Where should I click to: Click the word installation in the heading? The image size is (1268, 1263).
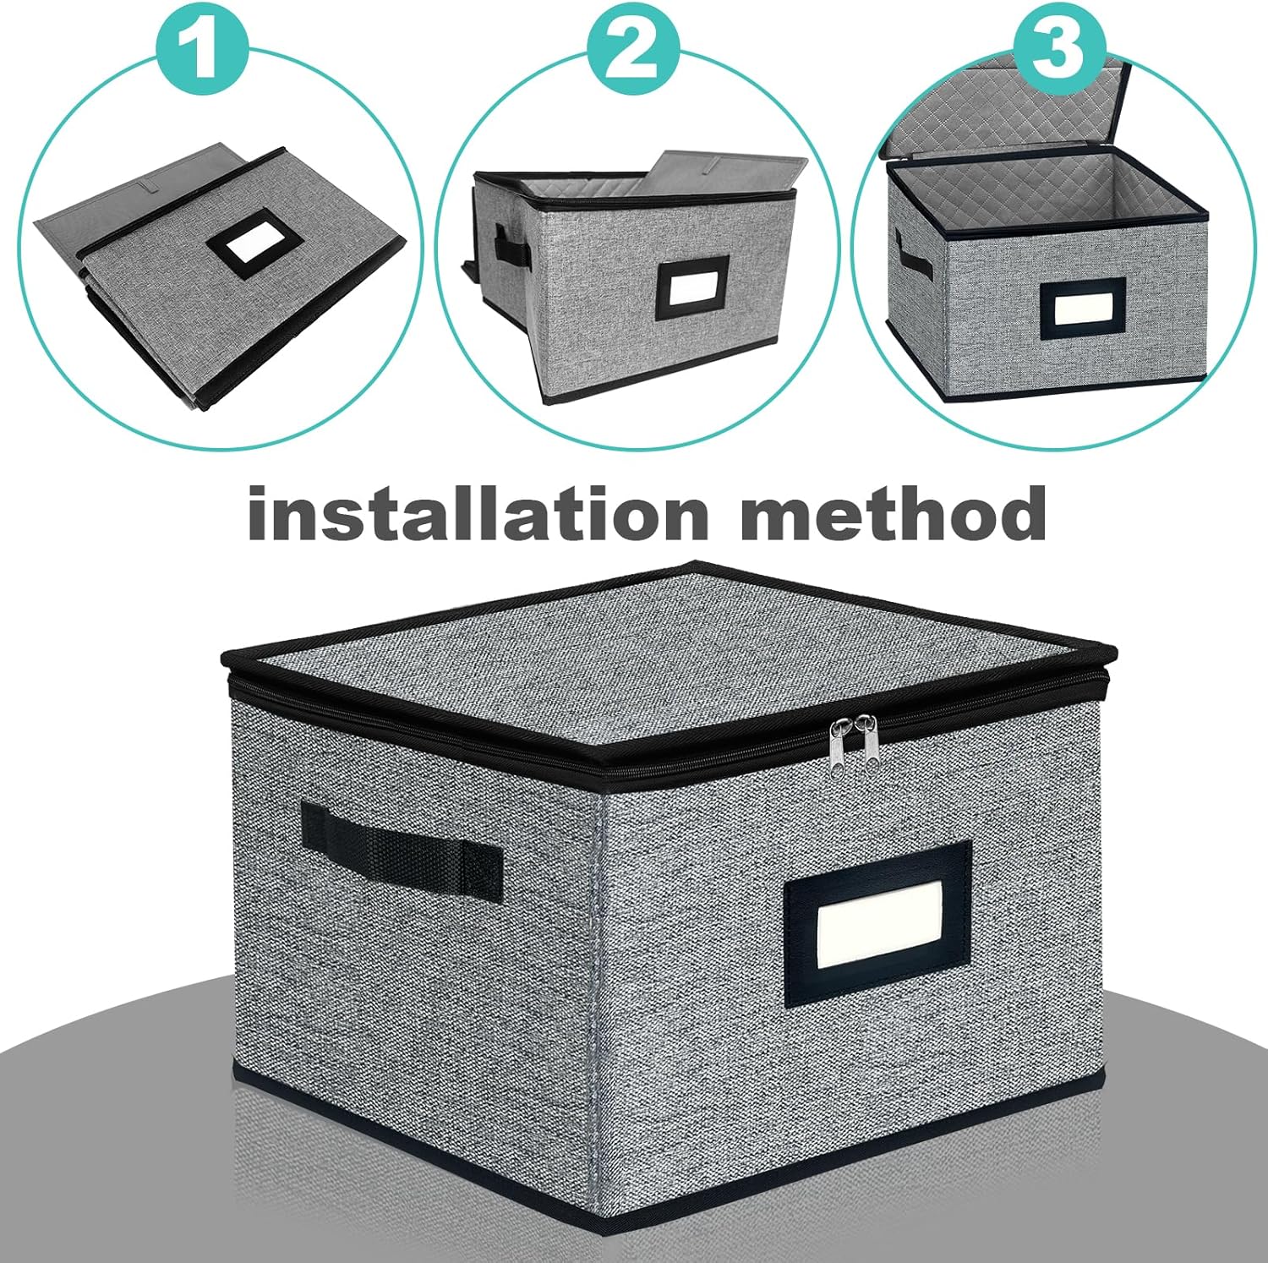tap(478, 512)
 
